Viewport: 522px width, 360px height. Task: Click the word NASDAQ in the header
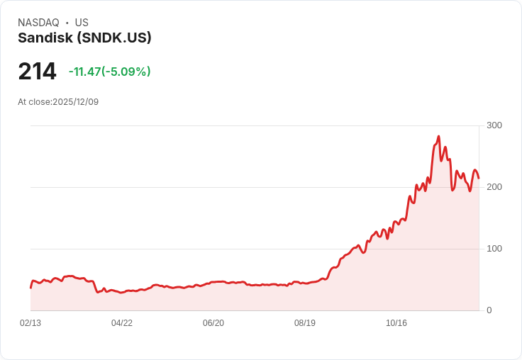(x=38, y=23)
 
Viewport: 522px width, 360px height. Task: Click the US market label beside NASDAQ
(x=82, y=23)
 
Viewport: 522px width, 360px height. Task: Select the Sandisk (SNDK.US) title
(x=84, y=38)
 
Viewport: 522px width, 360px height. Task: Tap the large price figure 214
(x=37, y=72)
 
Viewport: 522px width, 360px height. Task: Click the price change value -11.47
(x=84, y=72)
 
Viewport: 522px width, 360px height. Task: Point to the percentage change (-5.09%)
(x=126, y=72)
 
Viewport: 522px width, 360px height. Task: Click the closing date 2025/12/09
(x=76, y=102)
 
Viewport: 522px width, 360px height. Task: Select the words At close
(x=33, y=102)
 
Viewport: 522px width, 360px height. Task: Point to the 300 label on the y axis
(x=494, y=125)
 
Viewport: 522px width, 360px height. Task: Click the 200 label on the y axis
(x=494, y=187)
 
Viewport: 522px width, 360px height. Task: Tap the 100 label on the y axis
(x=494, y=249)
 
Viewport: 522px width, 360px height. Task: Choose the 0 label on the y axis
(x=489, y=310)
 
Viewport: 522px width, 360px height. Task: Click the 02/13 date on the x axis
(x=30, y=323)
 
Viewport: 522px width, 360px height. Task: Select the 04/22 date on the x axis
(x=122, y=323)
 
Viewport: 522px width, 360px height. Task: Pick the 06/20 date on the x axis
(x=213, y=323)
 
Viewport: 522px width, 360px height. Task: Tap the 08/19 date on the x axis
(x=305, y=323)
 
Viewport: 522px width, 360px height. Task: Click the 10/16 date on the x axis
(x=396, y=323)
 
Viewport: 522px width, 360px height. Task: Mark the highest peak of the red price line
(x=439, y=137)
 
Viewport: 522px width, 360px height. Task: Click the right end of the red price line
(x=479, y=178)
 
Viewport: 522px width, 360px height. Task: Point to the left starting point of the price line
(x=30, y=287)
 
